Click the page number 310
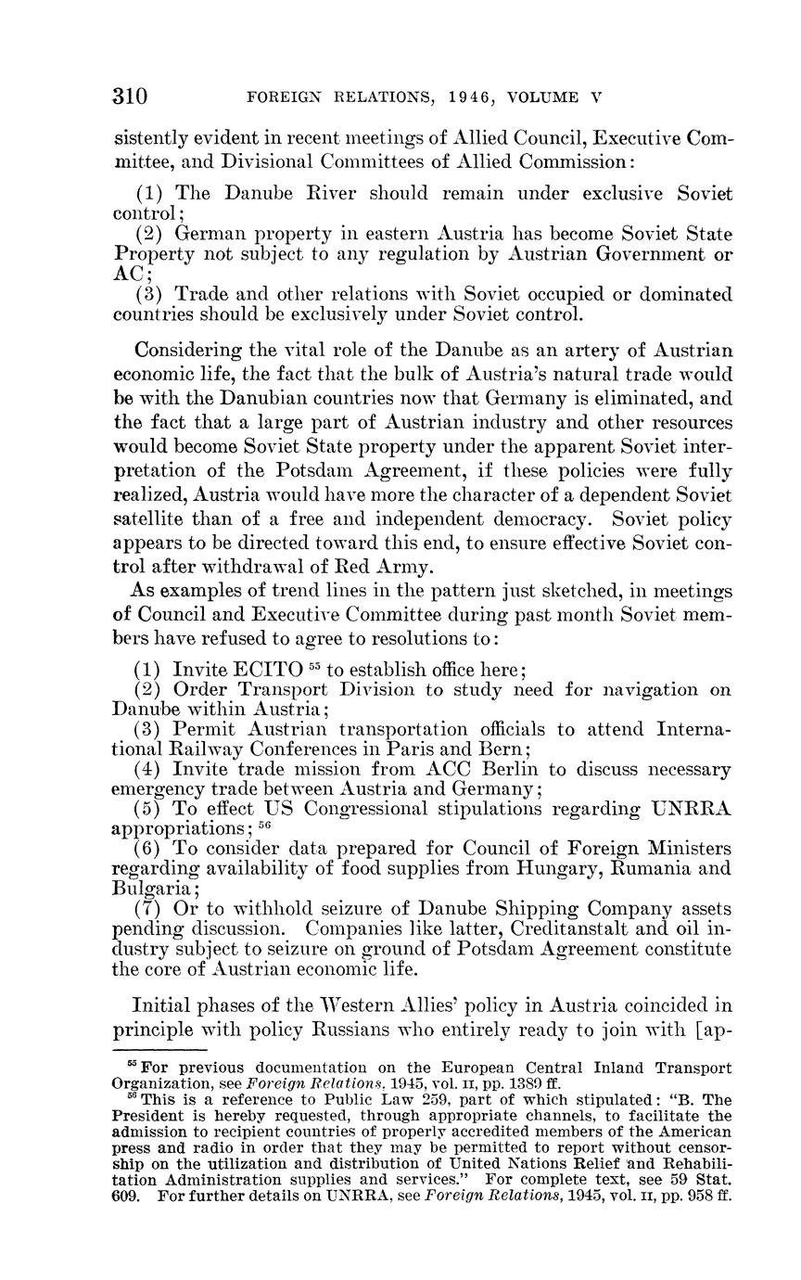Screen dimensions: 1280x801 (x=131, y=96)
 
